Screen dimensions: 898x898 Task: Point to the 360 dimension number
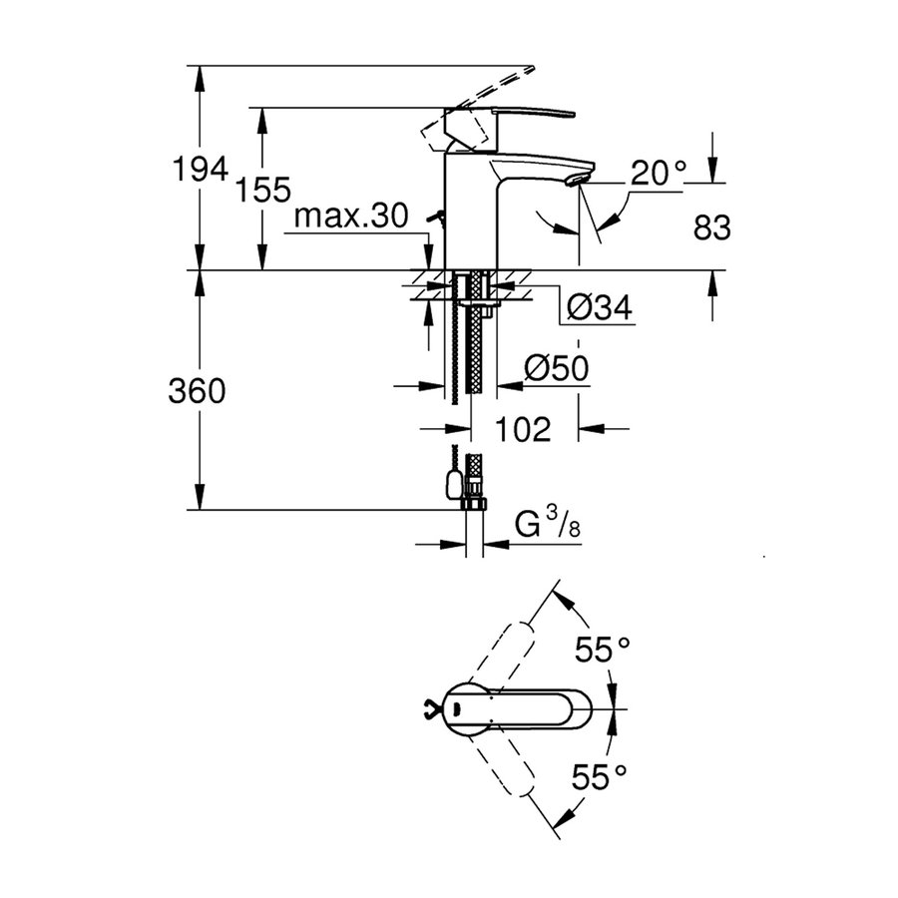[197, 392]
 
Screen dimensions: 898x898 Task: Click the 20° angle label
[657, 176]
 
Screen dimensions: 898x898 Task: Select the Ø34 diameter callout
[599, 309]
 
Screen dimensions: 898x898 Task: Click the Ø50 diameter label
[556, 370]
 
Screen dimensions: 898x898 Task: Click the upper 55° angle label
[603, 652]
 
